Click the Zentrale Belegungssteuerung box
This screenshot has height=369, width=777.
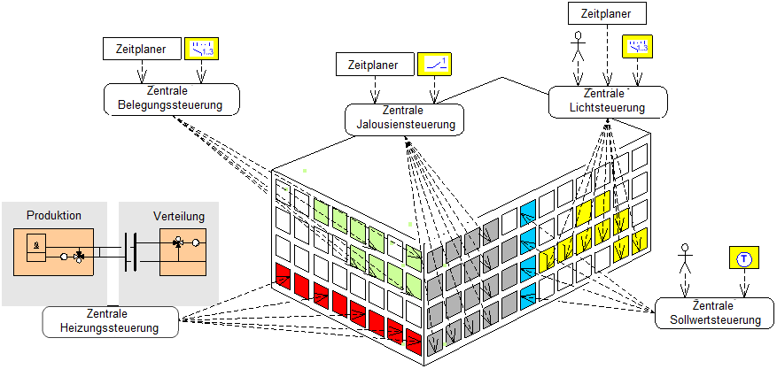(x=171, y=98)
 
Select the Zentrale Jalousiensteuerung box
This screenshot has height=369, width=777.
(x=404, y=118)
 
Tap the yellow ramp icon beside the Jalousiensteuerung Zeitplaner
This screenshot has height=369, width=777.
(x=435, y=65)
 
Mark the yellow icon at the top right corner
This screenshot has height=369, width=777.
(x=636, y=46)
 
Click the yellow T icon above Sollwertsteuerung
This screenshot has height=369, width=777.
(x=744, y=258)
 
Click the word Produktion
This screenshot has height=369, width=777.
(x=54, y=215)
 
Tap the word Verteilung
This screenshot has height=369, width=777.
(x=179, y=215)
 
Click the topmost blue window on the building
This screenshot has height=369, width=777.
(x=529, y=211)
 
